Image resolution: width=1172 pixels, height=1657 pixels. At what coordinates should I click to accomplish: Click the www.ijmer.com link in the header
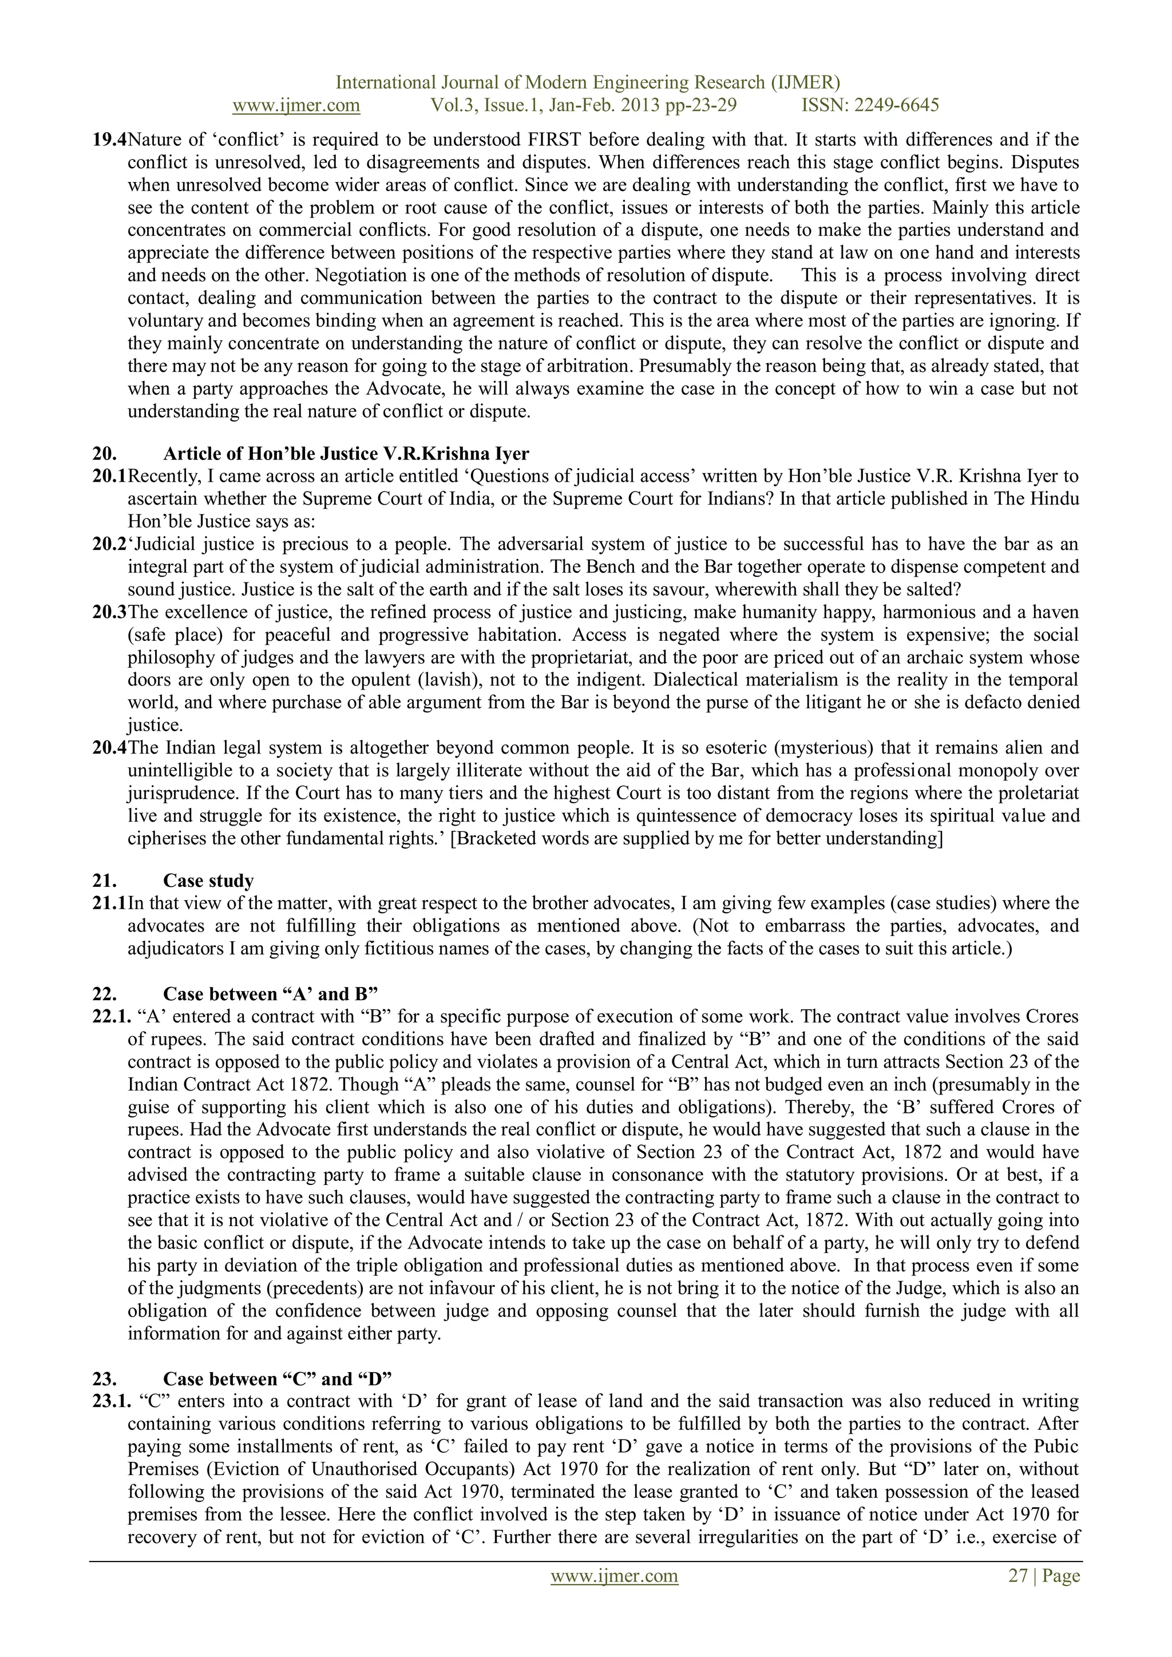click(x=296, y=105)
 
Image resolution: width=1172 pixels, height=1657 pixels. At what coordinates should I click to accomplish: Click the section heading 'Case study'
click(x=208, y=881)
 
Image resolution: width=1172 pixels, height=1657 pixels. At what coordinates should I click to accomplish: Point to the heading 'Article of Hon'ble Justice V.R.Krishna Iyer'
click(x=346, y=453)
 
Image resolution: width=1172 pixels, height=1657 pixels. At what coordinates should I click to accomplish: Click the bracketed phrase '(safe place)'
click(x=171, y=635)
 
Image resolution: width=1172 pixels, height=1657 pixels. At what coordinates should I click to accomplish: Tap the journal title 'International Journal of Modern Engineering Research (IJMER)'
click(x=588, y=82)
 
